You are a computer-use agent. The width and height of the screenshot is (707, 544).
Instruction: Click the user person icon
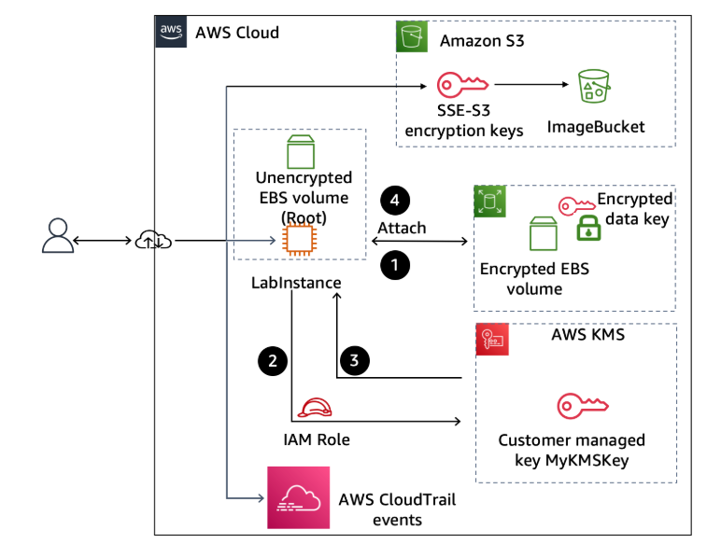tap(57, 237)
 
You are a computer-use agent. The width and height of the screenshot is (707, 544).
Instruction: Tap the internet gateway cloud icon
tap(152, 241)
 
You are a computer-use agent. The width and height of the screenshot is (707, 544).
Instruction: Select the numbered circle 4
tap(395, 201)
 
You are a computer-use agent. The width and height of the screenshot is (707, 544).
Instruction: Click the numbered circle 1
tap(395, 266)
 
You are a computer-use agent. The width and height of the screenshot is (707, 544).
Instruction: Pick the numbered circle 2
tap(272, 360)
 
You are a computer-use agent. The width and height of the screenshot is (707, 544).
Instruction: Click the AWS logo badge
tap(171, 31)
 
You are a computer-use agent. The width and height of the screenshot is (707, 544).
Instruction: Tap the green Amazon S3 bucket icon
tap(412, 38)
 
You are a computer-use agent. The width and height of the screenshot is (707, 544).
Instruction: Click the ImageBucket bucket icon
tap(594, 88)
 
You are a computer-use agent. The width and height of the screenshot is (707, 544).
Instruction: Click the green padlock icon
tap(586, 226)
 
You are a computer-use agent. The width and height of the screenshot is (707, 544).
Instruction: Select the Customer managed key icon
tap(583, 405)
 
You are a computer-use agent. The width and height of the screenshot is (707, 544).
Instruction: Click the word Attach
tap(402, 228)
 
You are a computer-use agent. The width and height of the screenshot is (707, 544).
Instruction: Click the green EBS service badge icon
tap(489, 202)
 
